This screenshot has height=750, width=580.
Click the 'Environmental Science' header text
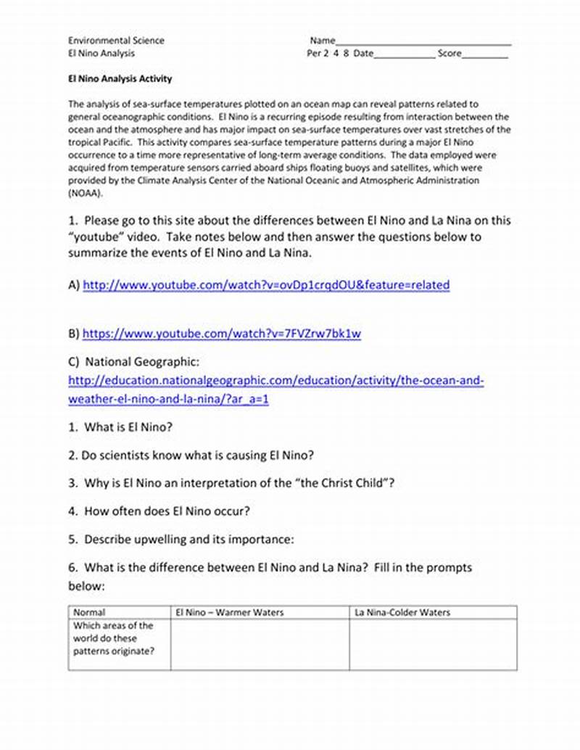(116, 41)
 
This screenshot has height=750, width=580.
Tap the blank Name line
(423, 42)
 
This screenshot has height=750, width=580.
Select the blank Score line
(485, 55)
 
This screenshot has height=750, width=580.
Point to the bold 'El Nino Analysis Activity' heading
(120, 79)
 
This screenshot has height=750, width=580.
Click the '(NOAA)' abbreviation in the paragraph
(86, 194)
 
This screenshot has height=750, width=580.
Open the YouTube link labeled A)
(266, 285)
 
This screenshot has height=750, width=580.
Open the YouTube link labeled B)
(221, 334)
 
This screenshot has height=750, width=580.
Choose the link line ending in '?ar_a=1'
(168, 400)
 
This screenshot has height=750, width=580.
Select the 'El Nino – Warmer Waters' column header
(230, 612)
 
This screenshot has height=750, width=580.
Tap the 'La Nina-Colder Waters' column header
(402, 612)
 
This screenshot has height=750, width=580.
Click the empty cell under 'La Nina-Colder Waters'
(433, 644)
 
